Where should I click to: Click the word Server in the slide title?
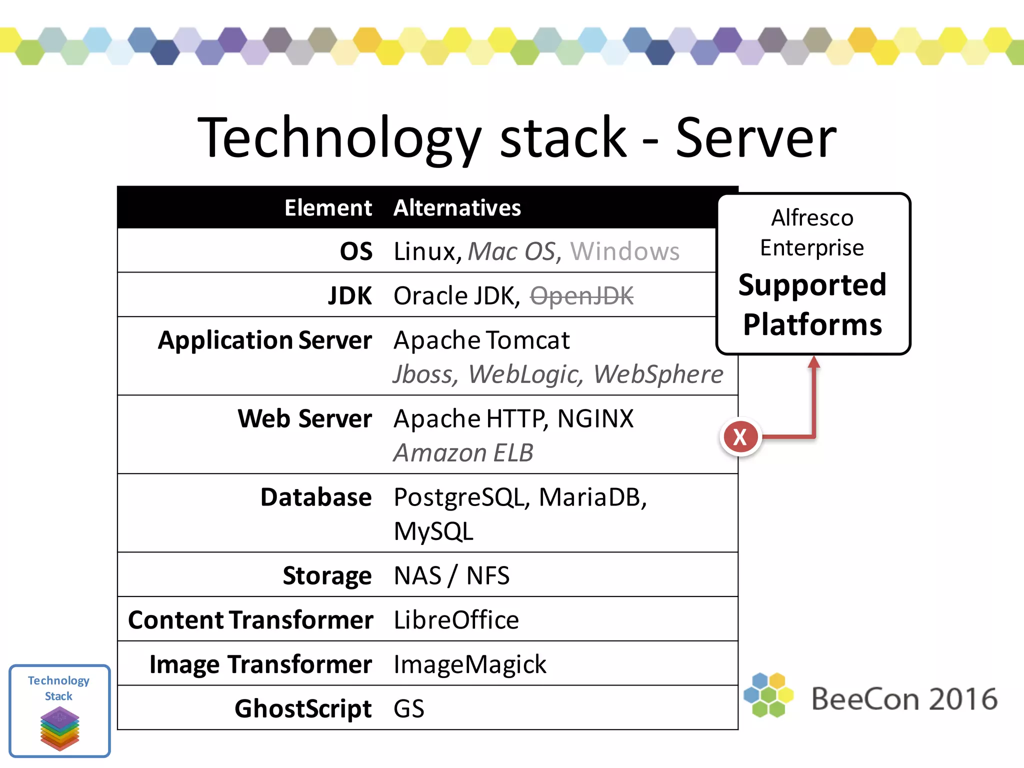[755, 137]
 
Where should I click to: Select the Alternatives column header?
[457, 207]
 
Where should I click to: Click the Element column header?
[328, 207]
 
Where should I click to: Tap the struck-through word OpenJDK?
[581, 295]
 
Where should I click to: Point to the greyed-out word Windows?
[625, 251]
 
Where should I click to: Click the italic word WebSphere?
[658, 374]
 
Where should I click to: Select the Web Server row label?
[304, 418]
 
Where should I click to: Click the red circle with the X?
[740, 436]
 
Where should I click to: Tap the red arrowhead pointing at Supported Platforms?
[814, 362]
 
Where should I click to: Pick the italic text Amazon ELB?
[463, 452]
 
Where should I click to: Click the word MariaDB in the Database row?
[592, 497]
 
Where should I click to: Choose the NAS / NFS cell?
[451, 575]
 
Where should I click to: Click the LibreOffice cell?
[456, 620]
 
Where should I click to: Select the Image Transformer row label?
[260, 664]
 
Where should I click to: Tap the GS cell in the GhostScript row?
[409, 708]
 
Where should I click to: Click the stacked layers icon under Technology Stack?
[59, 728]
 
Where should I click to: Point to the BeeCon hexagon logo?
[768, 695]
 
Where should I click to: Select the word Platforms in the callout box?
[812, 324]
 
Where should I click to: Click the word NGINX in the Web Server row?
[595, 418]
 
